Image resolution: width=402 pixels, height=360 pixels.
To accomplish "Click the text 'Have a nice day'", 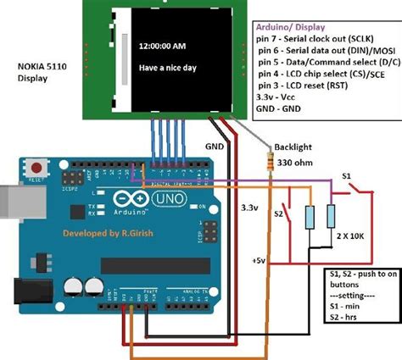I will click(x=168, y=69).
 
